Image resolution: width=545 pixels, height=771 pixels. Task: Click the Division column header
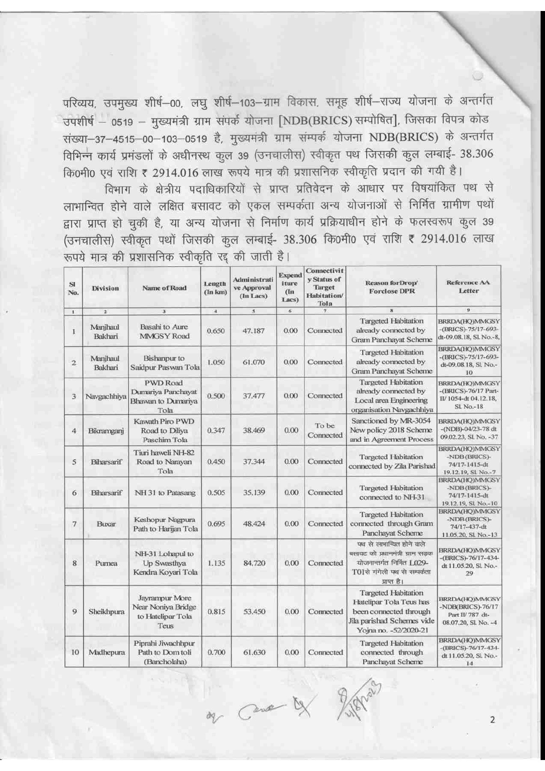[105, 288]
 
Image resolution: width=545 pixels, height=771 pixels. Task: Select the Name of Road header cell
[164, 288]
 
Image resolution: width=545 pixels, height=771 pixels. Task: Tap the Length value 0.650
[216, 331]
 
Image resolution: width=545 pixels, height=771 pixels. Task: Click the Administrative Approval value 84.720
[254, 563]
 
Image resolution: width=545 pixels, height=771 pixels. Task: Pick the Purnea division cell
[105, 563]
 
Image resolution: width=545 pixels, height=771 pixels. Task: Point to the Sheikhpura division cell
[105, 611]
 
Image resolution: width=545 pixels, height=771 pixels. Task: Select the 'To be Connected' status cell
[325, 430]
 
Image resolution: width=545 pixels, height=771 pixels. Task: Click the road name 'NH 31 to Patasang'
[165, 493]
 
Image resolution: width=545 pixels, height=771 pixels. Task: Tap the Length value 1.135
[216, 563]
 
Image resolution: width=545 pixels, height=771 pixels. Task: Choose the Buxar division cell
[106, 524]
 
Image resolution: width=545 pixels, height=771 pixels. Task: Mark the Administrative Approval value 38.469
[254, 430]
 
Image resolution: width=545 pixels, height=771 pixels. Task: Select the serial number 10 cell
[75, 652]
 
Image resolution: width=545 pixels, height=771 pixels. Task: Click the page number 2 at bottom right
[492, 720]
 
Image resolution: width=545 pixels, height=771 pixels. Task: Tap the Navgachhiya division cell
[105, 396]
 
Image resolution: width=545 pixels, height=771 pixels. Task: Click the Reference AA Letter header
[469, 287]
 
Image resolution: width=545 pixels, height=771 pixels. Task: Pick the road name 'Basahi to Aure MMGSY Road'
[164, 331]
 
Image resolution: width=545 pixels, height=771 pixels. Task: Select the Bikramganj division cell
[106, 431]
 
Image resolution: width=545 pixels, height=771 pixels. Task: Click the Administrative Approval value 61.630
[254, 652]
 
